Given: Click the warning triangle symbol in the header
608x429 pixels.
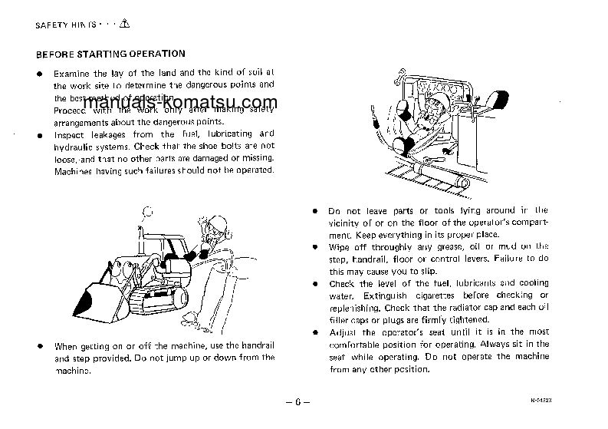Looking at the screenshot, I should tap(125, 24).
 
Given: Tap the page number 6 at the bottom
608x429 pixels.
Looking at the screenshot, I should tap(305, 401).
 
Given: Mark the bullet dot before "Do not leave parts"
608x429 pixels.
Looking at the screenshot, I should tap(315, 210).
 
